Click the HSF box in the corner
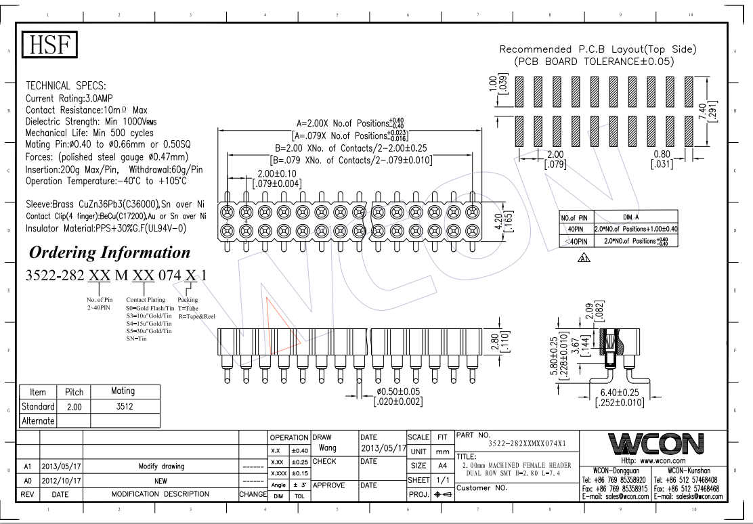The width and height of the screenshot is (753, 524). [x=51, y=45]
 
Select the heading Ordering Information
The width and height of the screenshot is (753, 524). [x=109, y=253]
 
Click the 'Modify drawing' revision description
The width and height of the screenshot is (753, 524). [x=161, y=466]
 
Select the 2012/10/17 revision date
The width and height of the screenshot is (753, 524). [x=62, y=479]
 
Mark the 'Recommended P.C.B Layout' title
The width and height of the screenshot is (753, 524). [x=597, y=49]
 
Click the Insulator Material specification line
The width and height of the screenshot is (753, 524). [x=106, y=228]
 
